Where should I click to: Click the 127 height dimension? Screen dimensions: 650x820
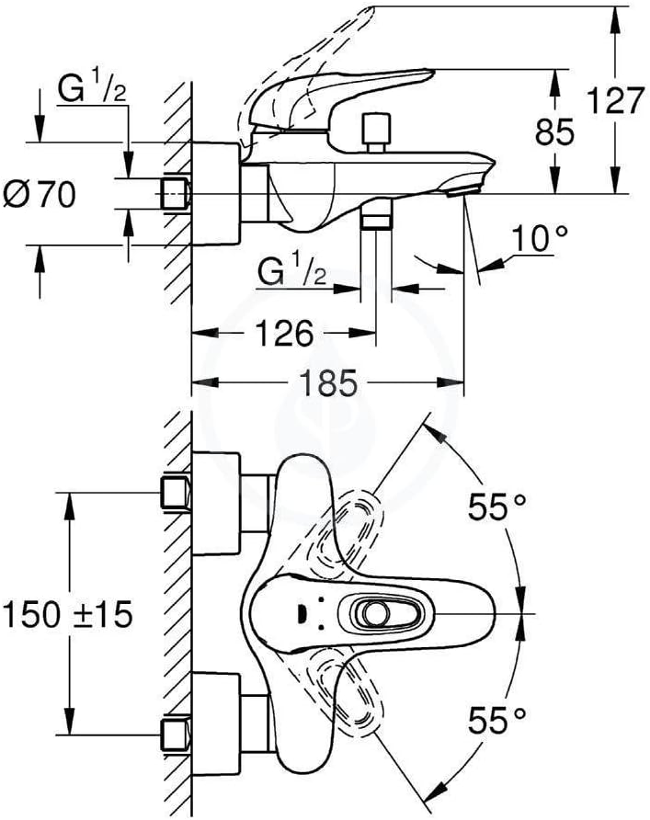[x=615, y=100]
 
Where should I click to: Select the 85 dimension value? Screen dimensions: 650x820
[x=554, y=131]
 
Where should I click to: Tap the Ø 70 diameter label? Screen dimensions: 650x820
[x=40, y=194]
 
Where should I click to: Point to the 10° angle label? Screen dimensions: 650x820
[x=539, y=238]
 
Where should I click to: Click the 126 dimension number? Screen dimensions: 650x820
[x=284, y=333]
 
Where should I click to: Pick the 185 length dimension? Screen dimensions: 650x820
[x=328, y=382]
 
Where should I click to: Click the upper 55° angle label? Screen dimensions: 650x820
[x=496, y=507]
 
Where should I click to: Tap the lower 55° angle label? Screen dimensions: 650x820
[x=496, y=720]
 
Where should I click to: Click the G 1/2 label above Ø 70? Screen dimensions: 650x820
[x=92, y=90]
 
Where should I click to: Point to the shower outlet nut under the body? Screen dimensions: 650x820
[x=377, y=215]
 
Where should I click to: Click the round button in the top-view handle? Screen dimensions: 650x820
[x=376, y=613]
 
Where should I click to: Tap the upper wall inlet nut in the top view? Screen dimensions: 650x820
[x=174, y=492]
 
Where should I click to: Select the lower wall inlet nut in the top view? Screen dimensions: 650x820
[x=174, y=735]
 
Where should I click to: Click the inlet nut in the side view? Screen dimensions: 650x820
[x=174, y=194]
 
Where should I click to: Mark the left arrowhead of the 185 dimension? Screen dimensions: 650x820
[x=204, y=382]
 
